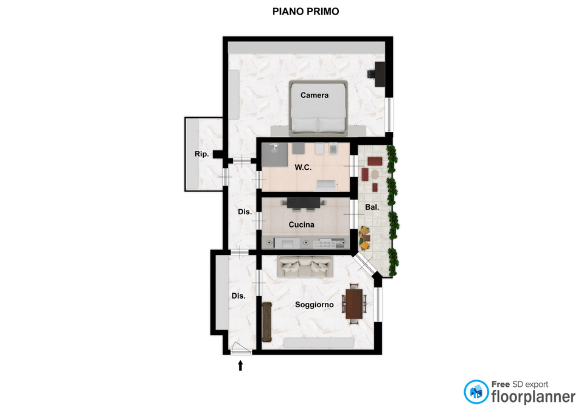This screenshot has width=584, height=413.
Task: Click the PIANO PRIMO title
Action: click(x=305, y=12)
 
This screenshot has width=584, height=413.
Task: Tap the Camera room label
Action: click(x=315, y=95)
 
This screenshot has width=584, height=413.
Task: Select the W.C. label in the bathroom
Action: click(x=303, y=168)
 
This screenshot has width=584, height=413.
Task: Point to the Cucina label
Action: click(x=301, y=224)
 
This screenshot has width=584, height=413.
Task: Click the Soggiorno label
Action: click(x=315, y=305)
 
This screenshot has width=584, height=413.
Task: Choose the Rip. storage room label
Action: click(x=201, y=154)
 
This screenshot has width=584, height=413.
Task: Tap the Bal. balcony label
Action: click(x=372, y=207)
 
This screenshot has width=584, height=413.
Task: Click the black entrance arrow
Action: click(x=240, y=366)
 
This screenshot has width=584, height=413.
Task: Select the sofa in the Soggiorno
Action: click(x=305, y=266)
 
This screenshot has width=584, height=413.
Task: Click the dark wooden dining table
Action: click(x=354, y=304)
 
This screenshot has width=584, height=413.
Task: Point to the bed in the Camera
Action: click(x=318, y=108)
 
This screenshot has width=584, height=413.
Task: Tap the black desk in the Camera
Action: click(x=380, y=74)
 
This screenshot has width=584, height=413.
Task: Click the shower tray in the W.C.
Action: click(x=274, y=154)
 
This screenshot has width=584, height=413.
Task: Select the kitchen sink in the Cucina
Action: click(x=287, y=243)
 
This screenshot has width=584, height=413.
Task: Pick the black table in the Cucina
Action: click(x=304, y=203)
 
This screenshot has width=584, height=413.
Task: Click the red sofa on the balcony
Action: click(x=375, y=161)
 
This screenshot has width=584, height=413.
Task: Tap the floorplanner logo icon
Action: click(x=476, y=392)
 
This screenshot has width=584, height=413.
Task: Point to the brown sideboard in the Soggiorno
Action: click(x=266, y=322)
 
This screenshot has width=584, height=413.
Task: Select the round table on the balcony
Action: click(x=375, y=175)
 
